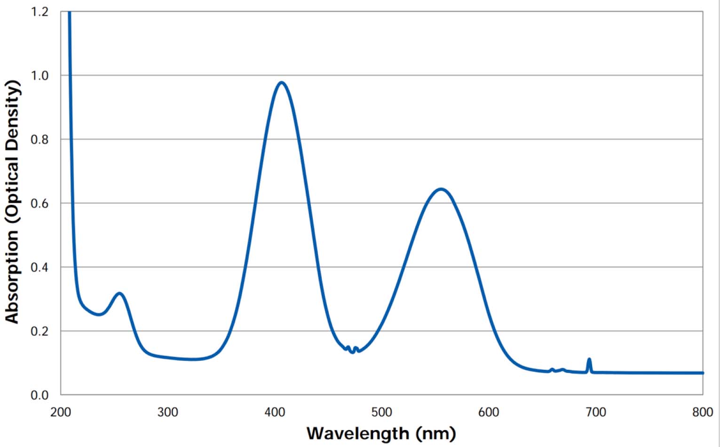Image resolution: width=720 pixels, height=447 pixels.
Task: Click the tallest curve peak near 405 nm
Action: pyautogui.click(x=281, y=83)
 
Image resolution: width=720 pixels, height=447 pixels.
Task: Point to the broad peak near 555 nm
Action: pyautogui.click(x=441, y=189)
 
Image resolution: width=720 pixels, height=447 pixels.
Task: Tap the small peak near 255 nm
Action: pyautogui.click(x=119, y=293)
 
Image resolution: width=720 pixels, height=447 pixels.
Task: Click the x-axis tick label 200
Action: pyautogui.click(x=61, y=412)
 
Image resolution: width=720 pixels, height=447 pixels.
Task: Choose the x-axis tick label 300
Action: pyautogui.click(x=168, y=412)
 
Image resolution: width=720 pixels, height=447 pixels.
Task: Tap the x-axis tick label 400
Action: pyautogui.click(x=275, y=412)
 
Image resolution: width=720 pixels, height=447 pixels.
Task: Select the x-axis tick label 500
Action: pyautogui.click(x=382, y=412)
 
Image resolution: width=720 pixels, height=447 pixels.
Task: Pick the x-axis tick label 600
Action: pyautogui.click(x=489, y=412)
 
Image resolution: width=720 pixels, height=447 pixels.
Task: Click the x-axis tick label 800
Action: pyautogui.click(x=703, y=412)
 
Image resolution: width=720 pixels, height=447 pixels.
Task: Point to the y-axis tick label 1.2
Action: pyautogui.click(x=40, y=12)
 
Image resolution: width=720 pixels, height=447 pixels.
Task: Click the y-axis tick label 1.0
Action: pyautogui.click(x=40, y=75)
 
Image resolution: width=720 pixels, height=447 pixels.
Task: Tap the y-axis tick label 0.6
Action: pyautogui.click(x=40, y=203)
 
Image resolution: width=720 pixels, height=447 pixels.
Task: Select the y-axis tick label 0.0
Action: pyautogui.click(x=40, y=395)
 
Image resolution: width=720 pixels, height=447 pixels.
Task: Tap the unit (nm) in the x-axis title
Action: pyautogui.click(x=435, y=433)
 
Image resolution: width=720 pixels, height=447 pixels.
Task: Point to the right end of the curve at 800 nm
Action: pyautogui.click(x=702, y=373)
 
